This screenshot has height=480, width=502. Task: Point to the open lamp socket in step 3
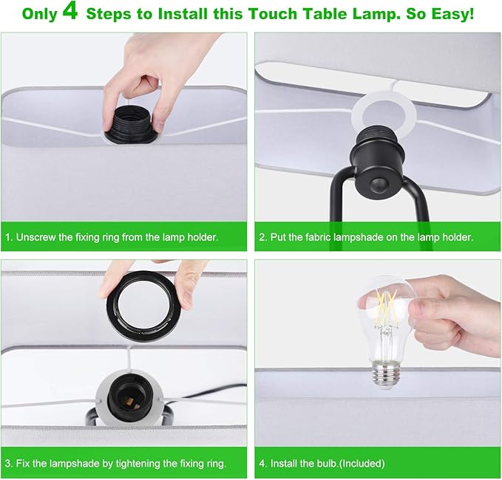click(x=130, y=398)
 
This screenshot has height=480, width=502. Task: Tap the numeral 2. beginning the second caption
click(x=262, y=238)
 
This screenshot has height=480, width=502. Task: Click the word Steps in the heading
click(x=121, y=14)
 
